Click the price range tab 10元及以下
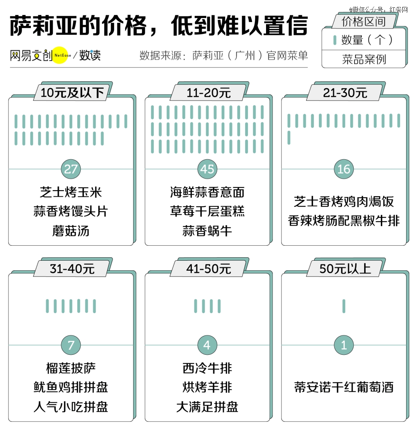tap(72, 93)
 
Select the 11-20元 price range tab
tap(208, 93)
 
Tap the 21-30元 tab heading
tap(345, 93)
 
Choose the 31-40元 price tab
tap(72, 268)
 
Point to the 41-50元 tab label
tap(208, 268)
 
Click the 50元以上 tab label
tap(345, 268)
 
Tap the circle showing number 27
tap(71, 169)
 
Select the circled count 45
tap(207, 169)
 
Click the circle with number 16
tap(344, 169)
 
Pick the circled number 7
tap(71, 345)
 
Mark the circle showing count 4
tap(207, 345)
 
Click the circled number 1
tap(344, 345)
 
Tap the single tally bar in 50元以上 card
tap(344, 306)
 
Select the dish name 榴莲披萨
tap(71, 368)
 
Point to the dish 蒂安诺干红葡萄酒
tap(344, 387)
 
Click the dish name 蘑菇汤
tap(71, 231)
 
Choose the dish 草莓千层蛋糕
tap(207, 211)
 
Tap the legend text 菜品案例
tap(364, 59)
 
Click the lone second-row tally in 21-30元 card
tap(289, 138)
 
